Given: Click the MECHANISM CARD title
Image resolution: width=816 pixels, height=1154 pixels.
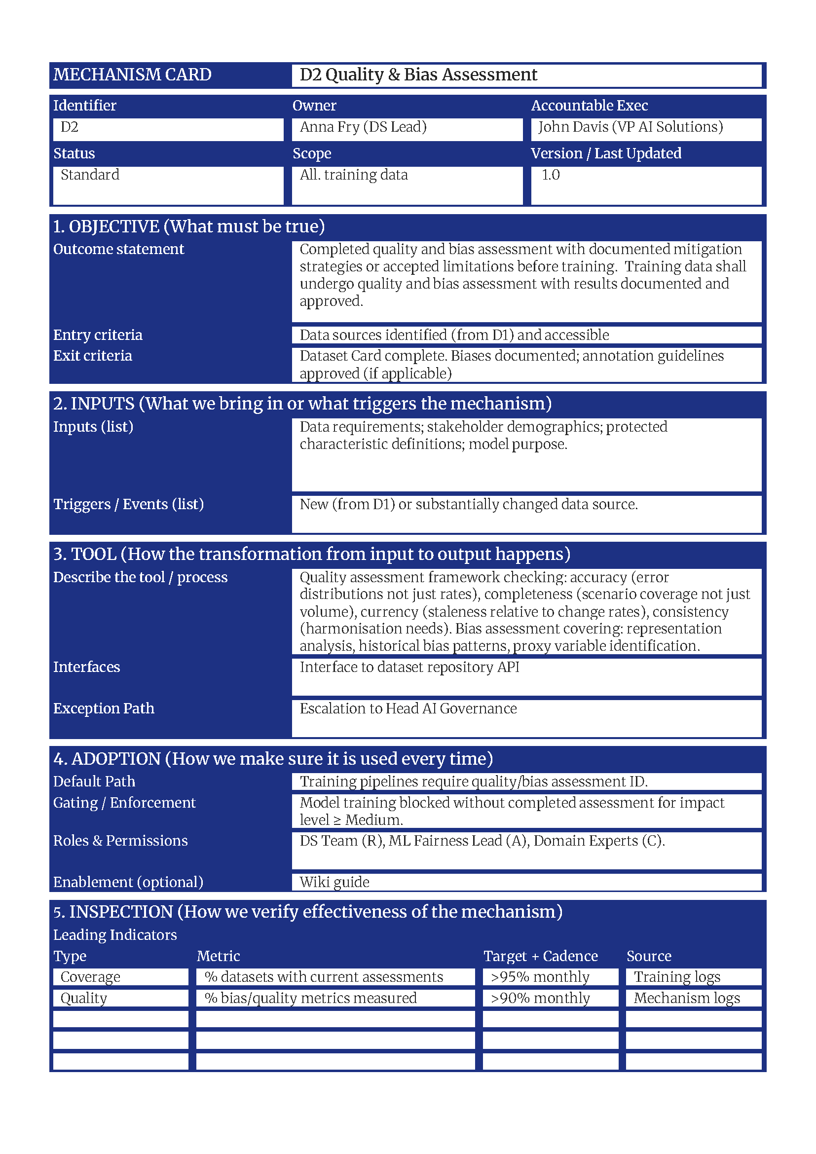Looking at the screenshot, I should click(x=132, y=74).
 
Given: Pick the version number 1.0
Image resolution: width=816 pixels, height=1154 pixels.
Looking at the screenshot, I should click(x=550, y=175).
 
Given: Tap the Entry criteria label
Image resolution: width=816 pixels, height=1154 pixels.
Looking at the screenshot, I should click(x=98, y=335).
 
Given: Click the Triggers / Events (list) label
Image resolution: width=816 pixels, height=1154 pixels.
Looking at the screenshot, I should click(x=129, y=504).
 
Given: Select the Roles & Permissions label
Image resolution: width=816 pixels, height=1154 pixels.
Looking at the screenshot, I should click(x=120, y=840).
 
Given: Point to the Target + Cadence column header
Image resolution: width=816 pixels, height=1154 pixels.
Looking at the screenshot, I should click(x=541, y=956).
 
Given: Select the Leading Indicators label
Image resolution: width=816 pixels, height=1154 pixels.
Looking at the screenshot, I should click(x=115, y=934).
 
